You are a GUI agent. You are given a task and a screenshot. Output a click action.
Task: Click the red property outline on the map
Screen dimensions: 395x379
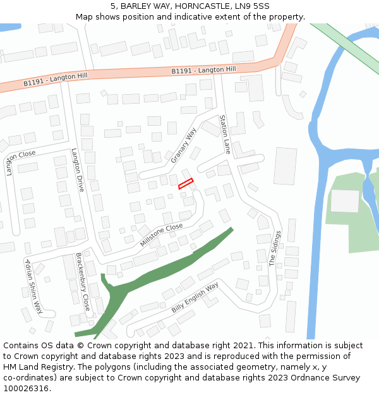click(x=185, y=184)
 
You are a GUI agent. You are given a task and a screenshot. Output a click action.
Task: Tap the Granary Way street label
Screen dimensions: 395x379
click(x=183, y=145)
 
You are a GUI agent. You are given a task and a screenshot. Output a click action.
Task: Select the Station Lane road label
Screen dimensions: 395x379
click(x=224, y=134)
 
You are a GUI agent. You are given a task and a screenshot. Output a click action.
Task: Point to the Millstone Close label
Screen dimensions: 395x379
click(x=162, y=234)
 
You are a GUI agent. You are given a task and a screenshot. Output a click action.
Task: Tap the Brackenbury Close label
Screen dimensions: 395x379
click(x=83, y=282)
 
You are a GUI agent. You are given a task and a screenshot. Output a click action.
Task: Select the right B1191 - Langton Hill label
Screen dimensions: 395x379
click(x=203, y=70)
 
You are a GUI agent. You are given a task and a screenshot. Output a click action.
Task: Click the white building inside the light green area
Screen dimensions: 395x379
click(x=345, y=201)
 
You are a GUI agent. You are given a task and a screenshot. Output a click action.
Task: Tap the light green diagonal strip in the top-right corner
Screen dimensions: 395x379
click(x=344, y=45)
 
